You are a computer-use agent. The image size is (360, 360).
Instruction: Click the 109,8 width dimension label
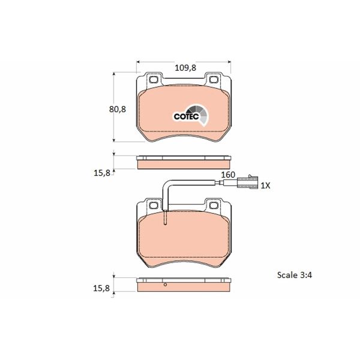(x=185, y=68)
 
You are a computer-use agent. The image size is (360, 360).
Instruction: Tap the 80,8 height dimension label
(x=101, y=110)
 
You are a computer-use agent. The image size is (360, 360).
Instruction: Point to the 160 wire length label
(x=227, y=175)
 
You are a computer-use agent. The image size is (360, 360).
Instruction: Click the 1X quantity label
(x=265, y=186)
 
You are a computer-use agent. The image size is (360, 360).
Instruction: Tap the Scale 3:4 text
(x=295, y=276)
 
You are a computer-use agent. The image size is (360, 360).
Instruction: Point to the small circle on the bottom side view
(x=166, y=284)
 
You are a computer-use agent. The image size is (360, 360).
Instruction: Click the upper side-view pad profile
(x=184, y=162)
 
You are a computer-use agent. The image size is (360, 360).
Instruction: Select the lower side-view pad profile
(x=184, y=286)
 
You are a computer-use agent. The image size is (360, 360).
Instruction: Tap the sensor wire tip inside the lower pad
(x=165, y=221)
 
